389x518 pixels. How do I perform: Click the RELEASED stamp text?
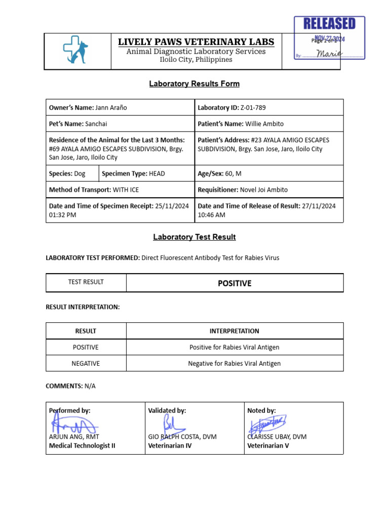click(329, 23)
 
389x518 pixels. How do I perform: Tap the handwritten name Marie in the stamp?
click(329, 54)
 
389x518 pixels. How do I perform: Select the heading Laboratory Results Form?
click(194, 84)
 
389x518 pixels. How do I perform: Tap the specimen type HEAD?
click(157, 174)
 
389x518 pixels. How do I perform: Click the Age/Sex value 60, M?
click(233, 174)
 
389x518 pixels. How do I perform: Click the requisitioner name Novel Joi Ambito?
click(263, 190)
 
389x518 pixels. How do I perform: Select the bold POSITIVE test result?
click(235, 283)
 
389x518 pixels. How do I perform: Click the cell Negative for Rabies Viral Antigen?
click(235, 363)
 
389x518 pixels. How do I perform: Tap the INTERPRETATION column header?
click(235, 331)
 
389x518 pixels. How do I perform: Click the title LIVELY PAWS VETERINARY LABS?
click(196, 42)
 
